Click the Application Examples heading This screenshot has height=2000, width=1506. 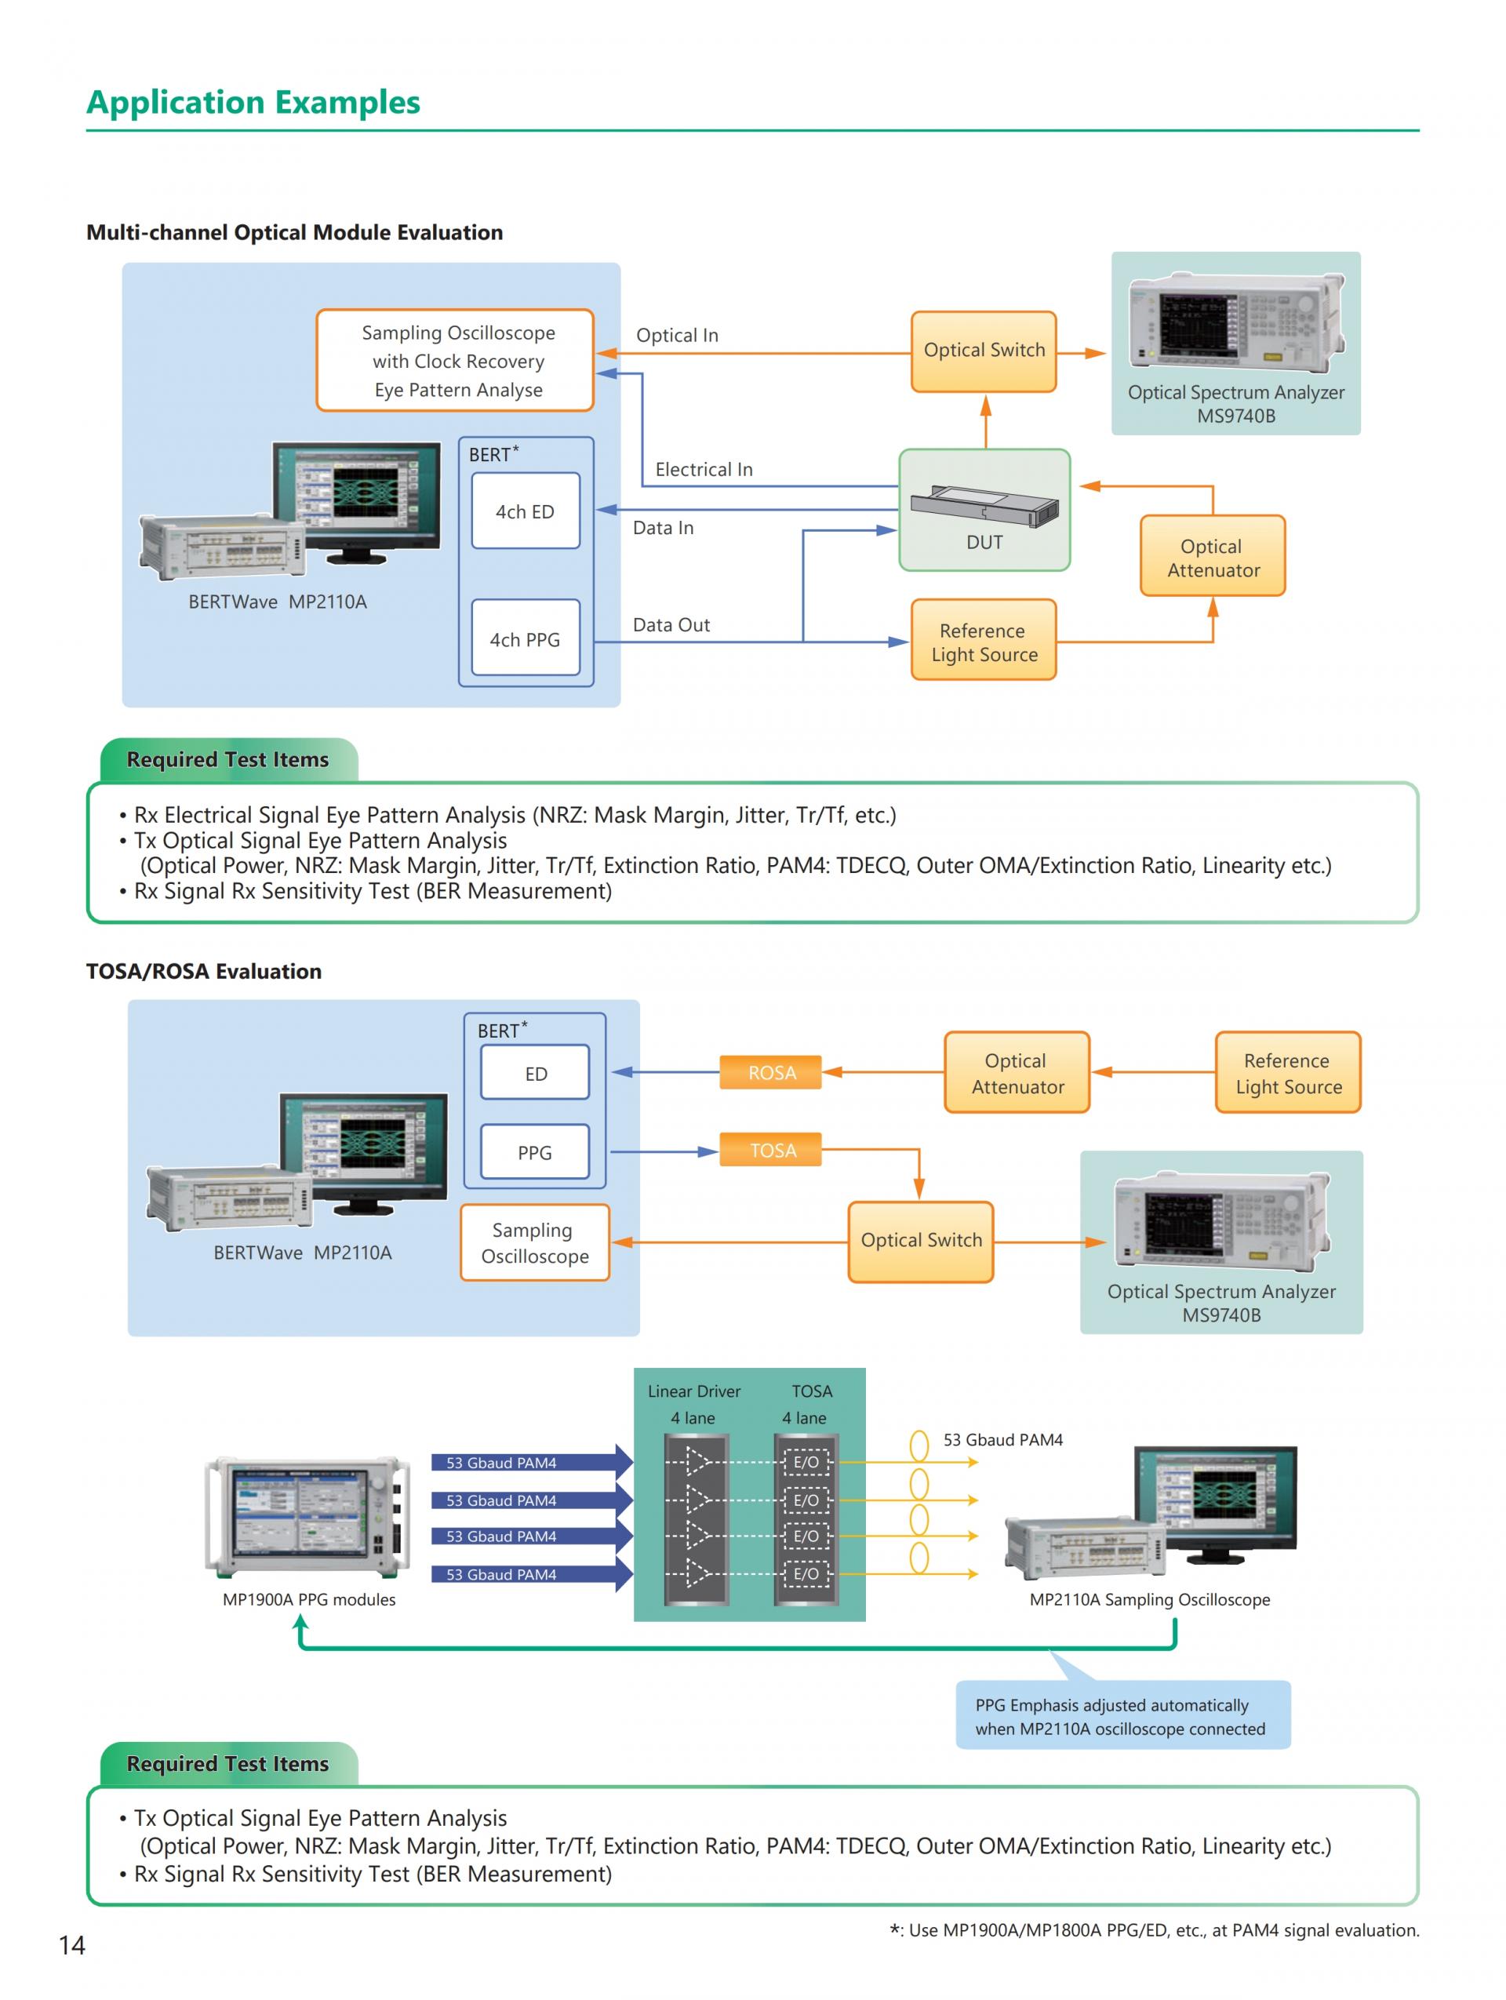(253, 102)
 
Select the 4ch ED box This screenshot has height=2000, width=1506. (526, 511)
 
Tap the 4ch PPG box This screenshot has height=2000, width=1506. (526, 638)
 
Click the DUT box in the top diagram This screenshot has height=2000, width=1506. (984, 510)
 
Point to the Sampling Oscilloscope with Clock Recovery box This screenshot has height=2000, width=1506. (455, 361)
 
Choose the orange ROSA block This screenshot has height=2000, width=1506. (771, 1072)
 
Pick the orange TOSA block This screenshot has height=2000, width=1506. (771, 1150)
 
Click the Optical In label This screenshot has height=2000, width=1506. (677, 336)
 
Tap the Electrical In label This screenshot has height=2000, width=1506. (704, 469)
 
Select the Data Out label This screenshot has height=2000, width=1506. (671, 625)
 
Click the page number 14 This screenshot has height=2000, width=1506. (71, 1945)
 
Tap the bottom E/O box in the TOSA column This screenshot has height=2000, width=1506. (806, 1574)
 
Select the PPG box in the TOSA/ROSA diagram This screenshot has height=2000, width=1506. (534, 1152)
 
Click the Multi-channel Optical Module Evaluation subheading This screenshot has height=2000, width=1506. (294, 232)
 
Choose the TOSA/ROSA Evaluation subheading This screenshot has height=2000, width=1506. (203, 971)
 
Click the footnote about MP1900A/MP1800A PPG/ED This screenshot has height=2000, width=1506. (1155, 1930)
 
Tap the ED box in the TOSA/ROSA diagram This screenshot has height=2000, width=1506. (535, 1073)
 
